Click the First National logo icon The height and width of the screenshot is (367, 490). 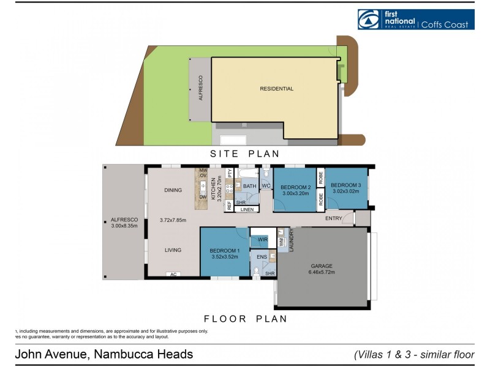point(368,20)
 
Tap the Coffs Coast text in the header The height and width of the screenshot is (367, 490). point(445,24)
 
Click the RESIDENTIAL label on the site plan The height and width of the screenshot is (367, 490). point(277,89)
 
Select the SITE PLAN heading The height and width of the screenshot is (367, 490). point(245,154)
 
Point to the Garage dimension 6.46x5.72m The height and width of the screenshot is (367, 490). point(321,272)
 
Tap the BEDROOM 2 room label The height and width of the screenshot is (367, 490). point(296,187)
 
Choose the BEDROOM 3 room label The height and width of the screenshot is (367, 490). point(346,185)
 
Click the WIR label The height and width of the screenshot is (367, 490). point(263,239)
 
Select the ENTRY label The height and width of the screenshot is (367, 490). point(334,218)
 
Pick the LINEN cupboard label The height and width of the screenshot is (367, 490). point(246,210)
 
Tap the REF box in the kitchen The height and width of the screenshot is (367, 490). point(229,206)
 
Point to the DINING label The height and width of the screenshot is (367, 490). point(173,190)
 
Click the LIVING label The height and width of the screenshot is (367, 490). point(173,250)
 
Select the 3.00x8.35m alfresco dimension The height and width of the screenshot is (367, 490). point(124,226)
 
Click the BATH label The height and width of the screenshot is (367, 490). point(249,186)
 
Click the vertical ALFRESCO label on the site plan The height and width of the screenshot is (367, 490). point(200,89)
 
